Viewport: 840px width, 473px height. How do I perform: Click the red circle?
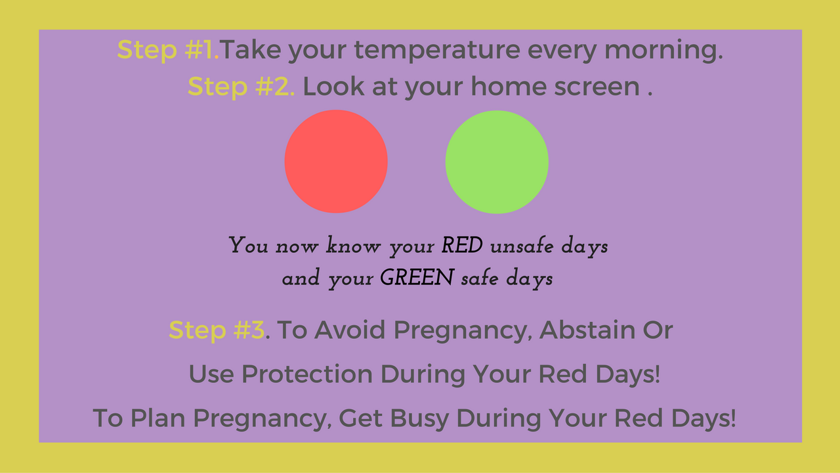coord(336,162)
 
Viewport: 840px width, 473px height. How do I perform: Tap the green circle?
coord(497,162)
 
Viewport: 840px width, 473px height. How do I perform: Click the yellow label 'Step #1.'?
coord(168,51)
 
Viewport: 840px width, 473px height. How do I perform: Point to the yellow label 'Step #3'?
coord(217,330)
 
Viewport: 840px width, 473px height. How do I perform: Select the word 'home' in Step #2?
coord(509,86)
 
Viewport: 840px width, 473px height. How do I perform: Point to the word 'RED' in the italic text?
coord(462,246)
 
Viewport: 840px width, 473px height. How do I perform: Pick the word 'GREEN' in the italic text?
coord(417,278)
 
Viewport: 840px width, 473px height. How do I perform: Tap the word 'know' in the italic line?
coord(353,246)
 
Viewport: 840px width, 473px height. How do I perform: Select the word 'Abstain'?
coord(587,330)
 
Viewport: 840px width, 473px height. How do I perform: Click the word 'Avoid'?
coord(350,330)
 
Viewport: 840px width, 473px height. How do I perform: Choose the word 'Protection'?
coord(307,374)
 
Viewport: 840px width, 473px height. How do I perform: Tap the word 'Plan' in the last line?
coord(158,418)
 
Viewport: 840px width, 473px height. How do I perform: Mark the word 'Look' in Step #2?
coord(333,86)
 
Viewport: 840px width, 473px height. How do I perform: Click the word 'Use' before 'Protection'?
coord(211,374)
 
